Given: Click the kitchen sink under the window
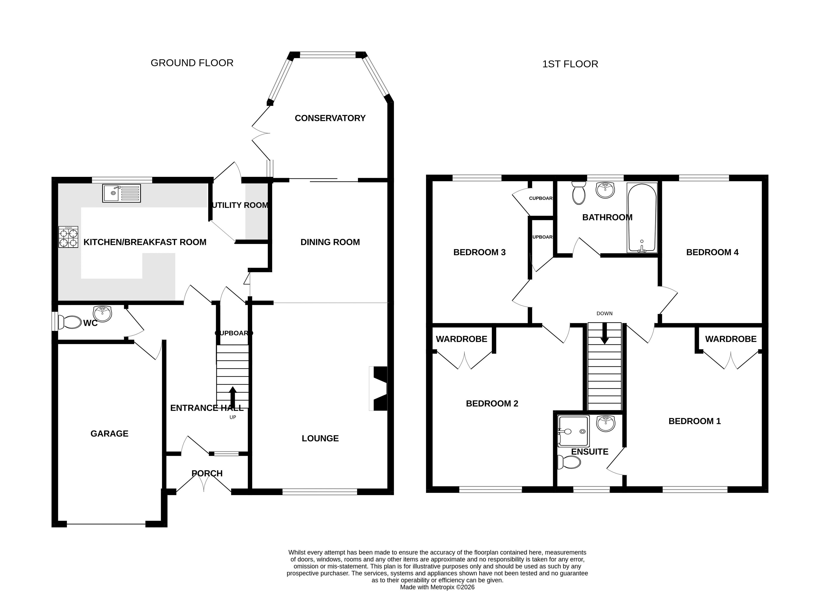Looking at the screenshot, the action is coord(121,193).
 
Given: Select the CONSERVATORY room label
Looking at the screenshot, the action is coord(330,118).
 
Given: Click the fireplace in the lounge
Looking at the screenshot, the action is coord(378,389).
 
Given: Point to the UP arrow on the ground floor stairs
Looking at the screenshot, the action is coord(232,397).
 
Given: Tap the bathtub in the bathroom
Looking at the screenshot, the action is coord(642,218).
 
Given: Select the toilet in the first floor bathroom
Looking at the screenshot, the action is coord(579,193).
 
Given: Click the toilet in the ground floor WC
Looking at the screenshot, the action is coord(70,322).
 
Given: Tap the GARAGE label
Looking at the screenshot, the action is coord(110,433).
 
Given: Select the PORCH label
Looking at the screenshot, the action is coord(207,473).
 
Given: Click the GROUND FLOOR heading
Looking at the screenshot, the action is coord(192,63).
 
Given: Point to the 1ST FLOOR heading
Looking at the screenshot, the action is coord(570,64).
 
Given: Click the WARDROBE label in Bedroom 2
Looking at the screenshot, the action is coord(461,339).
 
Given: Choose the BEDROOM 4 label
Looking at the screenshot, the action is coord(712,252).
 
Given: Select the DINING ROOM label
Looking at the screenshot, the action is coord(330,242).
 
